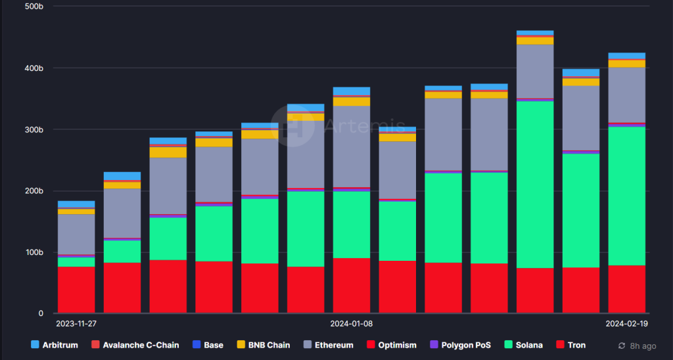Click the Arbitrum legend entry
point(55,345)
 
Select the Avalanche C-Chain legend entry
point(135,345)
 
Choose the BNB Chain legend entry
point(264,345)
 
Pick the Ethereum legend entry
point(329,345)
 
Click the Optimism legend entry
point(392,345)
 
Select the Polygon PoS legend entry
point(461,345)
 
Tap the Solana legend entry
point(524,345)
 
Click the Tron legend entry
point(571,345)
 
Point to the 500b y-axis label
point(34,7)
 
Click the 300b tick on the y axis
point(34,129)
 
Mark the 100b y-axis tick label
point(34,252)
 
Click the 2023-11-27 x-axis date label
point(76,323)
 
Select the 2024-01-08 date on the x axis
point(351,323)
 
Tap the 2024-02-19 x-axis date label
point(626,323)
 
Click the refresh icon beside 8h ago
point(622,346)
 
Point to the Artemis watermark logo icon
point(293,125)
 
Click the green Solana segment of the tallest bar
point(535,185)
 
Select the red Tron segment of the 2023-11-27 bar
point(76,290)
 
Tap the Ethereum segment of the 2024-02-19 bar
point(626,95)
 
